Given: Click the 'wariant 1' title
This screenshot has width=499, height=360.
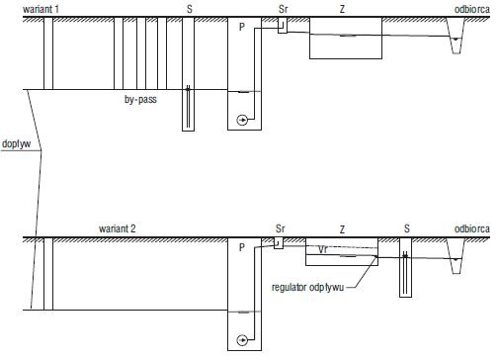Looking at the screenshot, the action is (41, 9).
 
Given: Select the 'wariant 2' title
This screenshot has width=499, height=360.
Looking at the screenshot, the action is (118, 228).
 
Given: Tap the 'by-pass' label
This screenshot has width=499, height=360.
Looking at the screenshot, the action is (140, 99).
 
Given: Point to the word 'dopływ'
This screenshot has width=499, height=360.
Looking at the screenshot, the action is (16, 144).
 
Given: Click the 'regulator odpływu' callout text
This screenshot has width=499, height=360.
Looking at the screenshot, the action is (307, 287).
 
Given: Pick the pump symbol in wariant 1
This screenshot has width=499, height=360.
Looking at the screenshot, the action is (242, 120).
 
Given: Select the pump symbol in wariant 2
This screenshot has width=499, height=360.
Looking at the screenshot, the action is (242, 340).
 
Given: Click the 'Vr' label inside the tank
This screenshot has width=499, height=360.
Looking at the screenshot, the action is (323, 249).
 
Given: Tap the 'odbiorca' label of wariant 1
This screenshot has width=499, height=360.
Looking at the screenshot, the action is (472, 9).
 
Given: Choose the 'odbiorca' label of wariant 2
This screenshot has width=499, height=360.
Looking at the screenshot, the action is (472, 228).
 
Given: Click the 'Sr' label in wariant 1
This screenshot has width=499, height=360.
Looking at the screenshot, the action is (283, 9).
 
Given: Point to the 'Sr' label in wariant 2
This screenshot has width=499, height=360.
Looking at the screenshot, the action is (280, 228).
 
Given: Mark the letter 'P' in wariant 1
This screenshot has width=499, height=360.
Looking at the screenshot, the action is (242, 27).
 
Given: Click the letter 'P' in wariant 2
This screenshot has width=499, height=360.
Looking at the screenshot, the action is (242, 247).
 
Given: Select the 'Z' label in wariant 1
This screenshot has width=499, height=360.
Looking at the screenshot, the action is (342, 9).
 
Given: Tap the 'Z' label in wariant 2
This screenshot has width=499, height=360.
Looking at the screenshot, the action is (342, 229).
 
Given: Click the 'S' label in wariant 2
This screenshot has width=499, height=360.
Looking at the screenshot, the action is (407, 228).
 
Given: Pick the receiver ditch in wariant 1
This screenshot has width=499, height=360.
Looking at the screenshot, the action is (456, 36).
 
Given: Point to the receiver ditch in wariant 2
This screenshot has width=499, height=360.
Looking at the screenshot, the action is (456, 256).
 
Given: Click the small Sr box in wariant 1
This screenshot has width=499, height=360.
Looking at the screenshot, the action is (283, 26).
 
